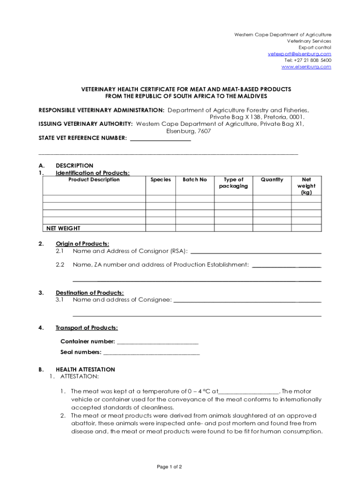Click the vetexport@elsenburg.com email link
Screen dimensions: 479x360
pos(299,54)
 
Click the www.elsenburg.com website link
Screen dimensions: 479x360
pos(306,67)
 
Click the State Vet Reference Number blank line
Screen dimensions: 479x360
pos(160,139)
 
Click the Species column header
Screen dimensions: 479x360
pos(160,180)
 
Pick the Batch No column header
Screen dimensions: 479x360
pos(194,180)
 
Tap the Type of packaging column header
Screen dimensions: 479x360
pos(233,183)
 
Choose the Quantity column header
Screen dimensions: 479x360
pos(272,180)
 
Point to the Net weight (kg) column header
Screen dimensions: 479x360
pos(306,186)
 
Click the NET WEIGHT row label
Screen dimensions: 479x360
pos(63,228)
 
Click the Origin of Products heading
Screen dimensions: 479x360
pos(82,244)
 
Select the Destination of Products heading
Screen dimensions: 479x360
pos(89,293)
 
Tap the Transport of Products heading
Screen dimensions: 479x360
pos(86,328)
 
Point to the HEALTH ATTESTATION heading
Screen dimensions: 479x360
pos(85,370)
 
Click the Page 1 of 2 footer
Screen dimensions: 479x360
pos(169,467)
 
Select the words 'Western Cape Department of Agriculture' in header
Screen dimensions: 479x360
pos(282,35)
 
